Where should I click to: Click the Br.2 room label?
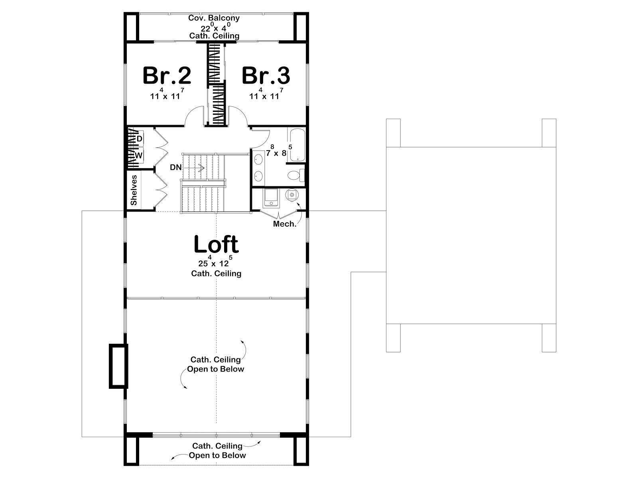pos(167,76)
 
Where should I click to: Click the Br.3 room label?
pos(266,76)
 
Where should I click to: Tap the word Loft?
pos(216,244)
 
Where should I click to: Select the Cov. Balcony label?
pos(214,18)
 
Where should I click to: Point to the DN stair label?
pos(176,167)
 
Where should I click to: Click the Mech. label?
pos(285,224)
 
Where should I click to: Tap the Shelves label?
pos(134,190)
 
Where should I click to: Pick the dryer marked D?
pos(139,139)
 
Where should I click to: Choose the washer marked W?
pos(139,156)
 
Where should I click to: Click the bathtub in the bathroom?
pos(297,145)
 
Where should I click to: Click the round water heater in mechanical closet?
pos(291,195)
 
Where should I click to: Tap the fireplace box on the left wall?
pos(118,366)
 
